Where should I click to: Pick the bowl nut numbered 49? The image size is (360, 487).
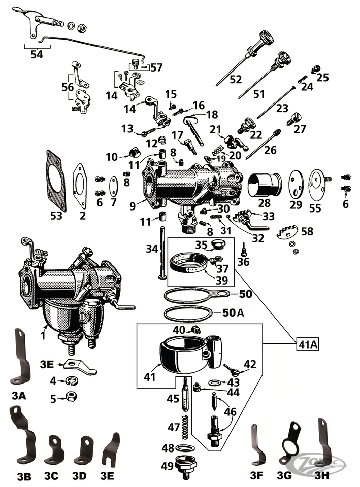pyautogui.click(x=186, y=465)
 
